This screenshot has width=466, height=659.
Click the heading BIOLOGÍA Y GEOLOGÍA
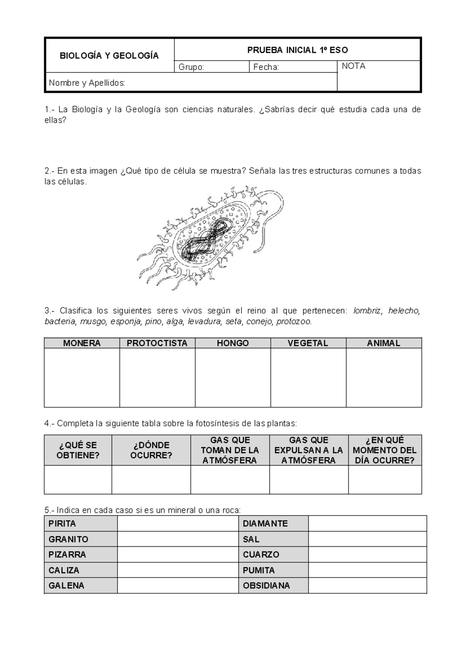pyautogui.click(x=109, y=56)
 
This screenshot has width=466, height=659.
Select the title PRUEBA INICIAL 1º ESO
pyautogui.click(x=297, y=50)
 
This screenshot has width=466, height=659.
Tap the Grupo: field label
pyautogui.click(x=191, y=67)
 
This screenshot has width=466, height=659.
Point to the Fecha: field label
pyautogui.click(x=266, y=67)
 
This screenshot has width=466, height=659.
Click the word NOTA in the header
pyautogui.click(x=353, y=66)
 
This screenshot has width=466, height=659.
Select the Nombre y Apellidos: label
pyautogui.click(x=87, y=82)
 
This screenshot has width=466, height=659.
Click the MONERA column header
pyautogui.click(x=82, y=343)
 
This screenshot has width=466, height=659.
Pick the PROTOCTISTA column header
pyautogui.click(x=157, y=343)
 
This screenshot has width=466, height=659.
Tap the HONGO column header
pyautogui.click(x=233, y=343)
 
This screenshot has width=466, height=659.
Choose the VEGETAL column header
pyautogui.click(x=308, y=343)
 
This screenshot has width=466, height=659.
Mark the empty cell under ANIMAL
pyautogui.click(x=384, y=377)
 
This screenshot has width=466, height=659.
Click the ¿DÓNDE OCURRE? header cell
pyautogui.click(x=151, y=450)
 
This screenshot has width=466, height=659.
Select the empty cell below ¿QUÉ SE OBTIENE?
pyautogui.click(x=78, y=479)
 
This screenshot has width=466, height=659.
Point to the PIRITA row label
pyautogui.click(x=62, y=523)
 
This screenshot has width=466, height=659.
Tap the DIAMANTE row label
pyautogui.click(x=265, y=523)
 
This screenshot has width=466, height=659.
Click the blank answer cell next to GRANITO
pyautogui.click(x=177, y=539)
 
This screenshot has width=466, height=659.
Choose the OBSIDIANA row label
pyautogui.click(x=266, y=586)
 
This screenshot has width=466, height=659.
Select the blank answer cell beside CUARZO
pyautogui.click(x=367, y=554)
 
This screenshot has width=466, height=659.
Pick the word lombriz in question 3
pyautogui.click(x=367, y=311)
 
